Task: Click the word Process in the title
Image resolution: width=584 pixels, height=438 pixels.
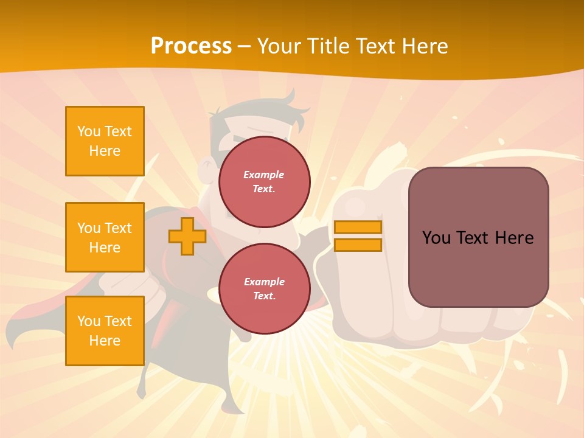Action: (x=191, y=46)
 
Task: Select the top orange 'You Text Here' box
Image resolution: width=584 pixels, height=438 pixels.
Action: (x=105, y=141)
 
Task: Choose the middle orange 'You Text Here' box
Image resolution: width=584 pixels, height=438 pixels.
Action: (x=105, y=237)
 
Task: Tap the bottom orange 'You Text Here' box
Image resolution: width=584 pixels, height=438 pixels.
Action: (x=105, y=331)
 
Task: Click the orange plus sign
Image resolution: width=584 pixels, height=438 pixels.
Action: (x=187, y=237)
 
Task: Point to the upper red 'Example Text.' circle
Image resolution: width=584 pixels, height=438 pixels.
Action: (x=264, y=182)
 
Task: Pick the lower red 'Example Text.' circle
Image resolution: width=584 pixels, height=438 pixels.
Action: (x=264, y=289)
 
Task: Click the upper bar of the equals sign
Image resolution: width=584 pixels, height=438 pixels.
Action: (x=358, y=228)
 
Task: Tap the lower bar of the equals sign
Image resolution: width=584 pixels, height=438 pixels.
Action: (x=358, y=245)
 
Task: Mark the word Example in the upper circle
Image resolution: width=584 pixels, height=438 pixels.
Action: (x=264, y=175)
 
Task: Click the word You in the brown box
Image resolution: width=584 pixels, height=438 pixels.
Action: (x=437, y=238)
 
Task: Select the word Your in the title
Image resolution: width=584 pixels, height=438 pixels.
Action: (x=279, y=46)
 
